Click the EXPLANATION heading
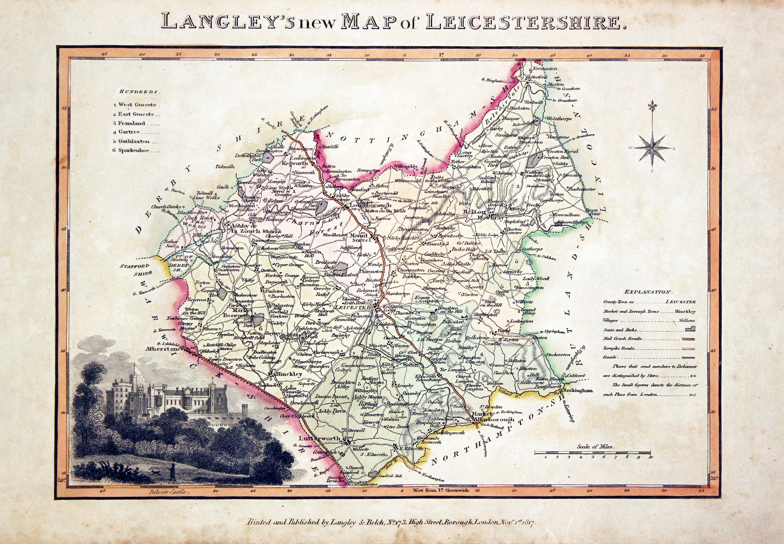tap(648, 292)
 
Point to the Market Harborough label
tap(491, 417)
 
